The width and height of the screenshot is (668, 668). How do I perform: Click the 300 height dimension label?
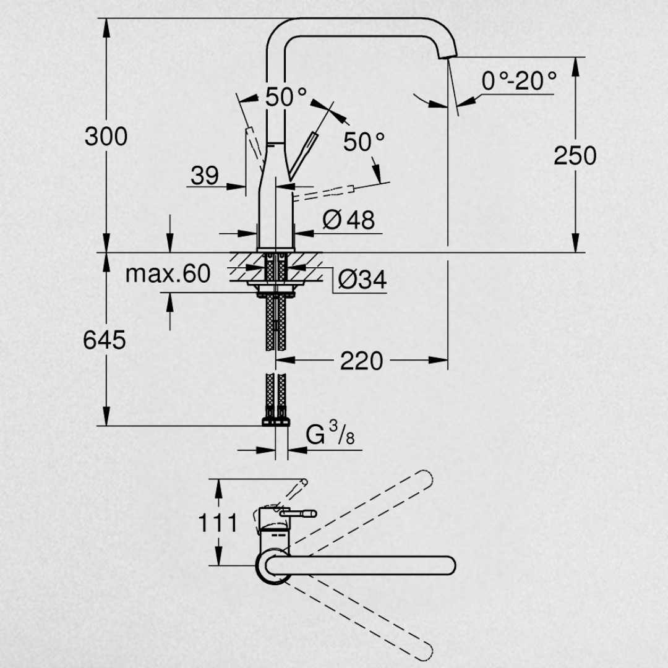106,136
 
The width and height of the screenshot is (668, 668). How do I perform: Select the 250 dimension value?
575,155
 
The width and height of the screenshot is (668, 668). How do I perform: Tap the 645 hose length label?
105,340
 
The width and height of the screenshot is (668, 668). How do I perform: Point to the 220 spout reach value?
362,361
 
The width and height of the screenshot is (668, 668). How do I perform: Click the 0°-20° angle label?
519,80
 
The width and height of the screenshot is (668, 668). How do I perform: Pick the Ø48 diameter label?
348,220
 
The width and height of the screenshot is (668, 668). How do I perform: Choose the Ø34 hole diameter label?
362,280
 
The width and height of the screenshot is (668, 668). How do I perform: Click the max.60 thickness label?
168,273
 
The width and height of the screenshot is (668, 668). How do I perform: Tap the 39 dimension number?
205,175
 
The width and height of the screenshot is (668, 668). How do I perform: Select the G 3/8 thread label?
330,433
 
